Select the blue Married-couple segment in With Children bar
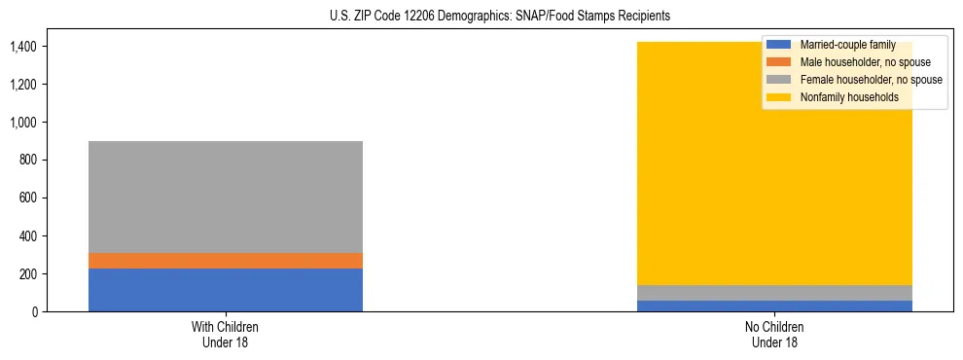click(x=226, y=290)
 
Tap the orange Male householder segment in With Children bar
click(x=226, y=261)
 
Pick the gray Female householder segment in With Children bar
click(x=226, y=197)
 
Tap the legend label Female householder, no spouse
click(x=871, y=80)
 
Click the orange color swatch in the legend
click(x=779, y=62)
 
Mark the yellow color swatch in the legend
click(x=779, y=97)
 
